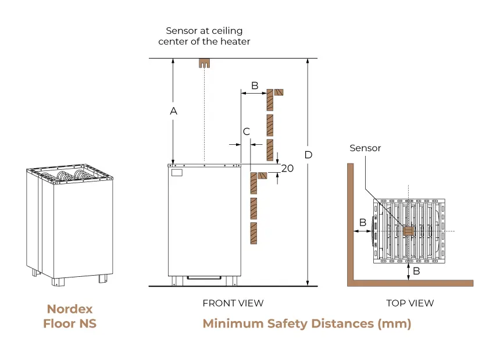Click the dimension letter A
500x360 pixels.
(x=173, y=111)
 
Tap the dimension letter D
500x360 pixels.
(x=308, y=155)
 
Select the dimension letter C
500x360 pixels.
(x=247, y=132)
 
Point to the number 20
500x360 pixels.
(x=287, y=168)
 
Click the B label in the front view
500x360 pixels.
(x=254, y=85)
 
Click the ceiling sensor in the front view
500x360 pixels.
(x=204, y=63)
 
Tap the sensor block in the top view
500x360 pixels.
(x=408, y=231)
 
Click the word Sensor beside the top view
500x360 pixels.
(x=365, y=148)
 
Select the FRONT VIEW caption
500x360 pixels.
(x=233, y=303)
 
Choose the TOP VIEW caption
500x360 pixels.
(x=410, y=303)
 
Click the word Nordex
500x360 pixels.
(x=70, y=309)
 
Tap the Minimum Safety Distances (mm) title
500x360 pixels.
(x=306, y=323)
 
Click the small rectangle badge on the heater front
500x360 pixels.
(x=177, y=173)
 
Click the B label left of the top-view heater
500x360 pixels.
(x=362, y=222)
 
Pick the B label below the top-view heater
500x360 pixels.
(x=416, y=271)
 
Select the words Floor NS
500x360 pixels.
(x=70, y=323)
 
